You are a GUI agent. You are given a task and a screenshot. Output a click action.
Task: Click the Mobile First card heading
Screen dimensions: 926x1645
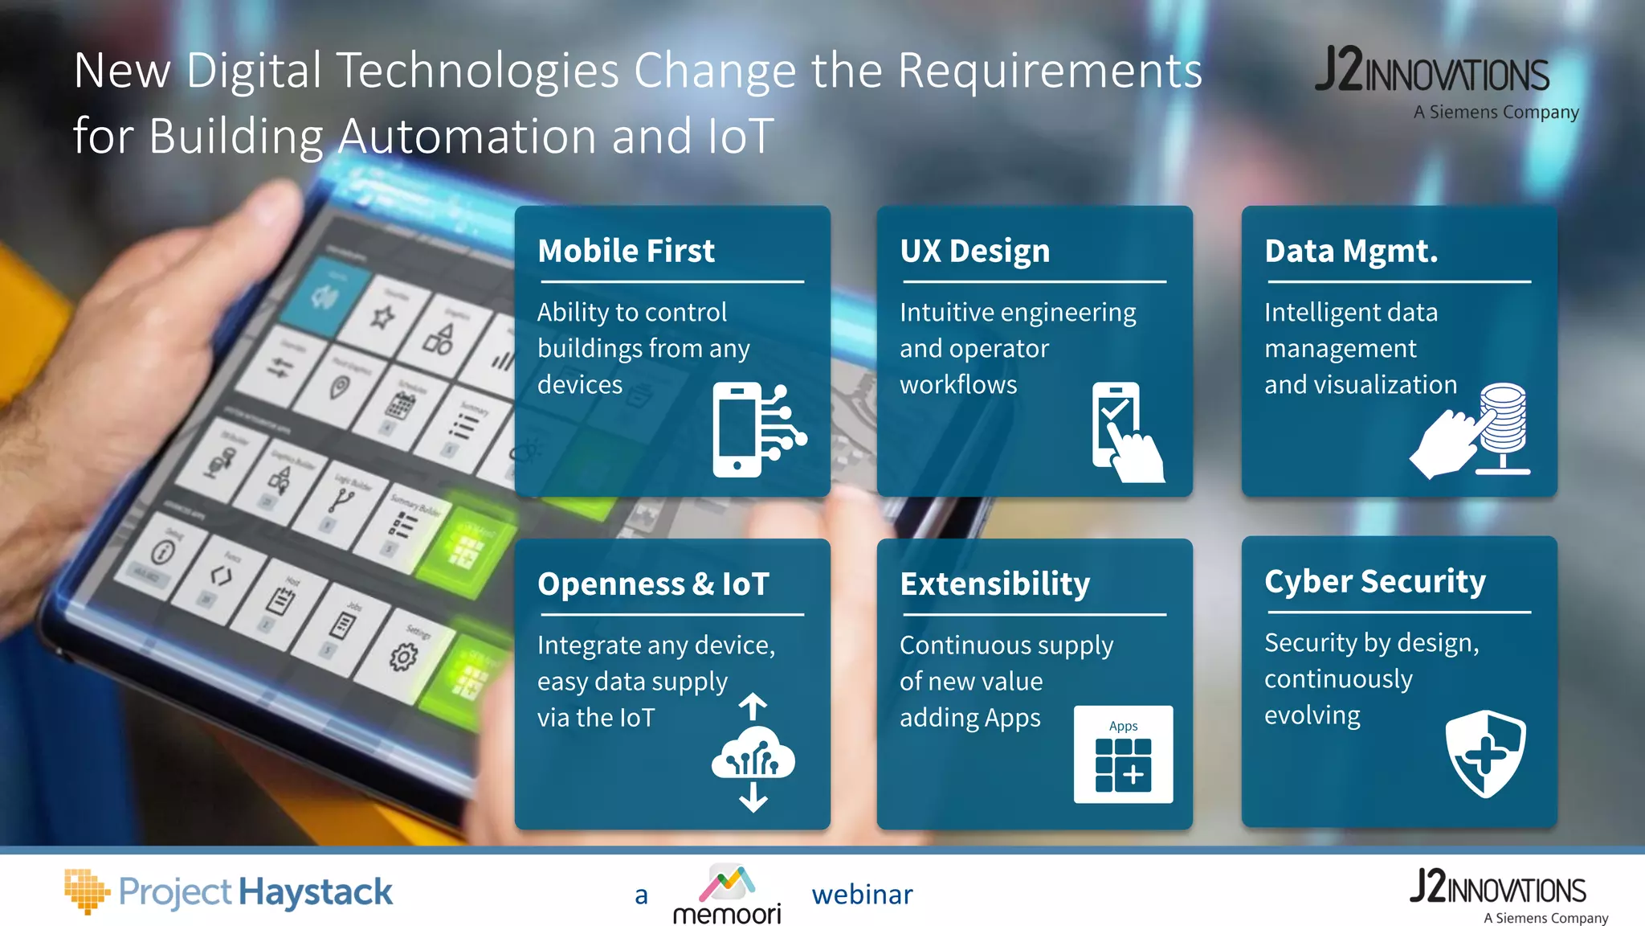click(x=626, y=251)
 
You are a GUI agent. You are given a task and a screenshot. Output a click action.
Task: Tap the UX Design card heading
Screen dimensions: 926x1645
click(x=974, y=251)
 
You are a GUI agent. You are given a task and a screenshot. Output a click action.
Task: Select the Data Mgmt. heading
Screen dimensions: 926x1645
click(x=1351, y=251)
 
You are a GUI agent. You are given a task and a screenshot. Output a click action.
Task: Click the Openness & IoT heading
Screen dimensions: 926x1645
click(x=653, y=584)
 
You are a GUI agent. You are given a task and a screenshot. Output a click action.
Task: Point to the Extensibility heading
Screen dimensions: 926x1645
click(x=994, y=584)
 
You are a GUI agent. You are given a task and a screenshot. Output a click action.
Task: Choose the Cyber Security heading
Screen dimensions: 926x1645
click(x=1374, y=581)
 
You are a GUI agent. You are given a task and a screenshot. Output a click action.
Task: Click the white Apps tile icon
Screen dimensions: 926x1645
click(x=1123, y=754)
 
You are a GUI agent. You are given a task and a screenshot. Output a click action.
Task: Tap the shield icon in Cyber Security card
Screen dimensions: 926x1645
click(x=1485, y=753)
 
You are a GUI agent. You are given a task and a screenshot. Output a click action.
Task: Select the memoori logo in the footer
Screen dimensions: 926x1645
click(x=726, y=895)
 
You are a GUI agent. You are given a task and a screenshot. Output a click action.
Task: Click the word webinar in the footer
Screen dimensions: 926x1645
click(x=862, y=895)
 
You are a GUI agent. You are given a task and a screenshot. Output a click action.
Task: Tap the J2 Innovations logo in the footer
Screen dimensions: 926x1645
click(x=1500, y=895)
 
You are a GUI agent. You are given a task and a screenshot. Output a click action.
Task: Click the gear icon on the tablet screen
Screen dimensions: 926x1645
click(x=403, y=657)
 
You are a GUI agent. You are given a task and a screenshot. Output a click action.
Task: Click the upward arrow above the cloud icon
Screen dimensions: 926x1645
click(x=753, y=706)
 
